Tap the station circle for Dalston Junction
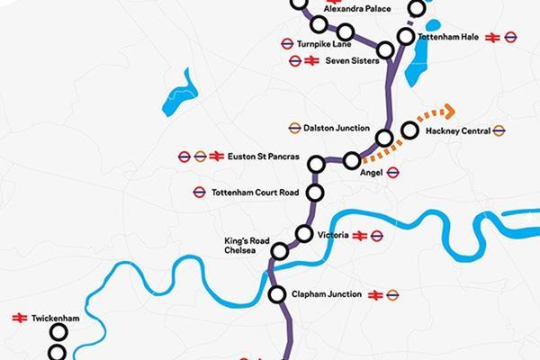pos(385,139)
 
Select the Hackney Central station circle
pos(410,130)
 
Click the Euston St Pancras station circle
pos(316,164)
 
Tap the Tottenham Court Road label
pos(256,192)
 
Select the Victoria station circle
pos(304,234)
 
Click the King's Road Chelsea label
pos(241,247)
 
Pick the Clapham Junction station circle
pos(277,293)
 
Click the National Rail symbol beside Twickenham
pos(17,318)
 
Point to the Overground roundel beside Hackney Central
pos(499,130)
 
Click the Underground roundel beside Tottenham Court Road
pos(199,192)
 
